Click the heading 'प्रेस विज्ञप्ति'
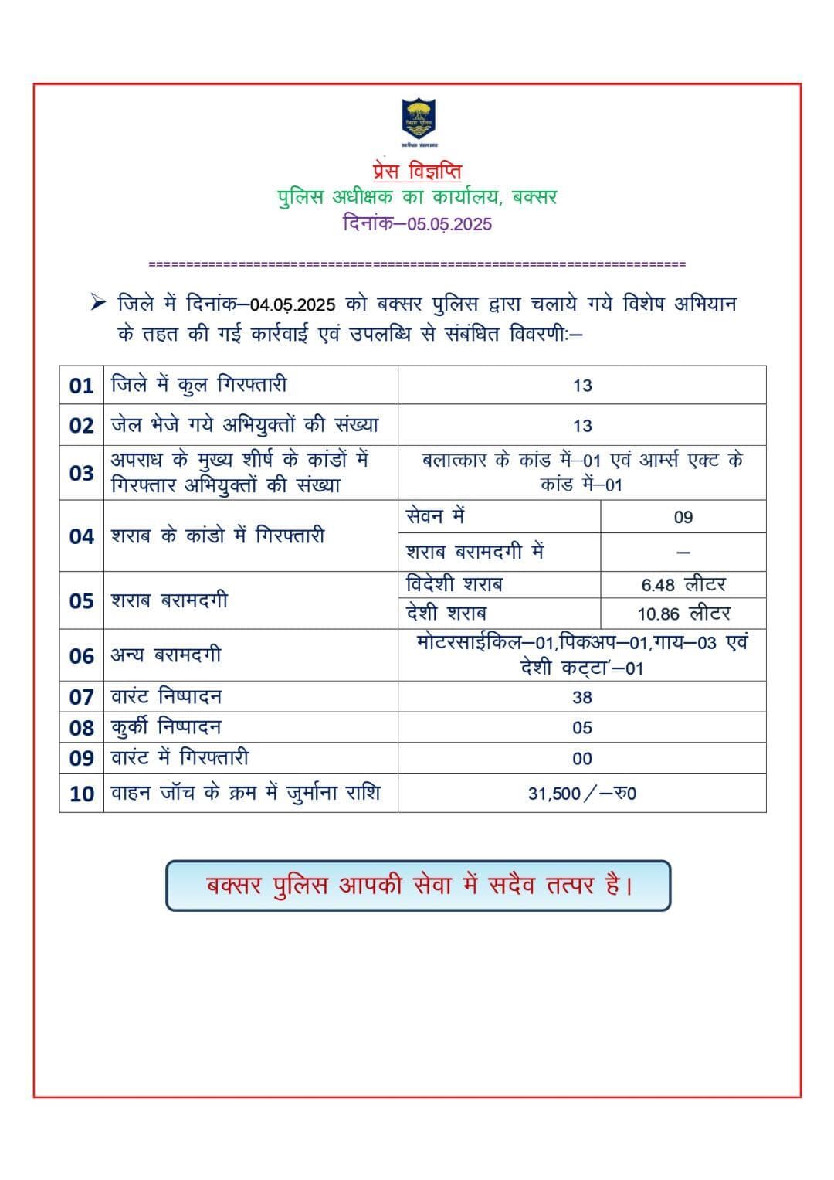[x=416, y=170]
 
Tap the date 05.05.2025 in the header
[x=450, y=224]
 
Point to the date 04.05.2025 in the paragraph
[x=293, y=304]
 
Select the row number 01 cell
[x=81, y=386]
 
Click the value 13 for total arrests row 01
[x=582, y=386]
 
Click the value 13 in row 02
[x=582, y=426]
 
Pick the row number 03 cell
[x=81, y=473]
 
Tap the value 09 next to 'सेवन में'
[x=683, y=517]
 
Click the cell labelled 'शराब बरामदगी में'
[x=475, y=552]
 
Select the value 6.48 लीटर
[x=683, y=585]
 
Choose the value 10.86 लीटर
[x=683, y=614]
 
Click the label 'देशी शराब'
[x=446, y=614]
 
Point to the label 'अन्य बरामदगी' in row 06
[x=166, y=655]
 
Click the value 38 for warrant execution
[x=582, y=697]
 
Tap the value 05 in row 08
[x=582, y=728]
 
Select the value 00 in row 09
[x=582, y=759]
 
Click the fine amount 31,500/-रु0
[x=582, y=794]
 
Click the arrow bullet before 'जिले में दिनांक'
[x=97, y=303]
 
